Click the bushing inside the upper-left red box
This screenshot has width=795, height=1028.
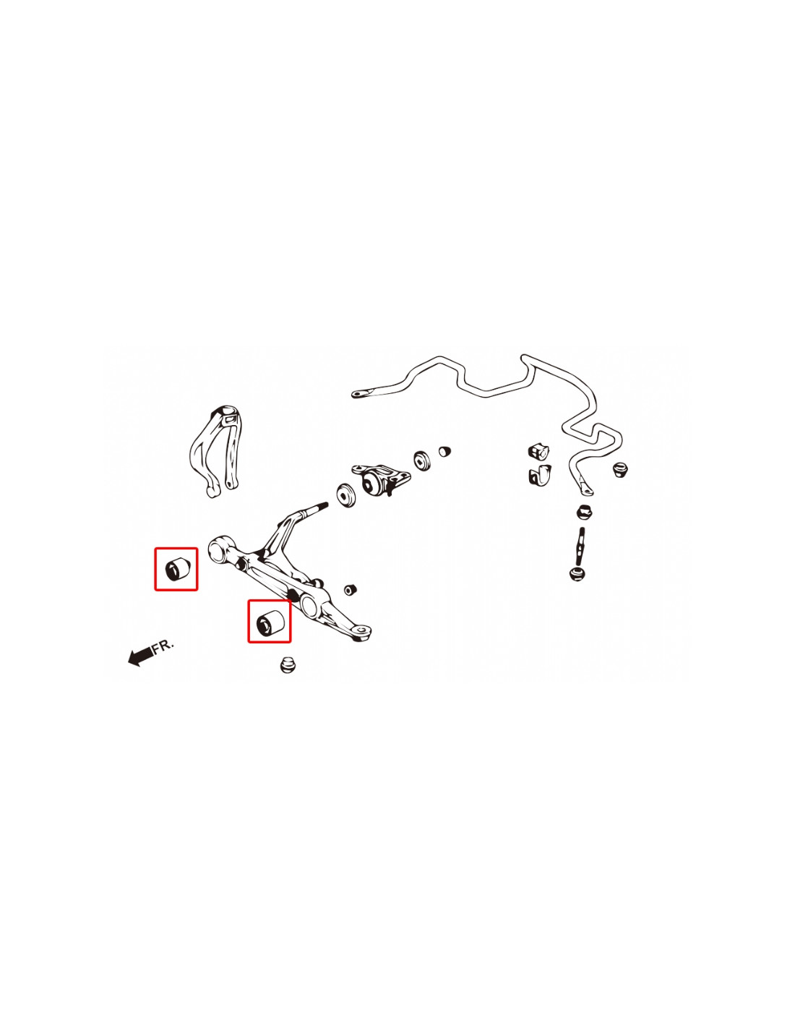click(176, 568)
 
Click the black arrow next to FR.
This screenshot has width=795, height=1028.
click(140, 656)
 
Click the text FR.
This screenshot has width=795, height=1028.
click(163, 646)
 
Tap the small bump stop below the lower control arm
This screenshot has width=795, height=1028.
click(285, 664)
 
